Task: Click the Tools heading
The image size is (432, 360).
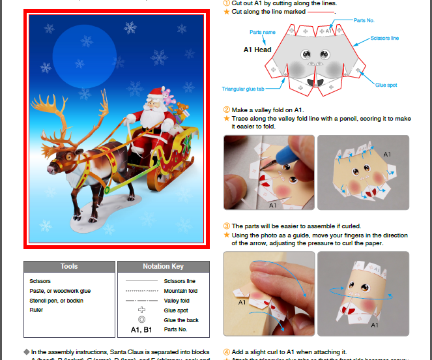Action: tap(69, 266)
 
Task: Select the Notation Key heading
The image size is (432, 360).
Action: tap(163, 266)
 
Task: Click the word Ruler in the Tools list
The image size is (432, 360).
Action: tap(36, 310)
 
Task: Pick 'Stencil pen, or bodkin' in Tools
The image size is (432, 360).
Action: tap(57, 301)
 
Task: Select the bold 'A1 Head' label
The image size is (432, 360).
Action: tap(257, 50)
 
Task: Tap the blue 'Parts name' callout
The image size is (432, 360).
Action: tap(262, 32)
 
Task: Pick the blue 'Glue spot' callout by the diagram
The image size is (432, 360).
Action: tap(386, 85)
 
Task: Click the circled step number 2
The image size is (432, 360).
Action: tap(227, 110)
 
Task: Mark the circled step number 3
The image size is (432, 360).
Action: tap(227, 226)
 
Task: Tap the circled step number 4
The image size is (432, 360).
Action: tap(227, 351)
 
